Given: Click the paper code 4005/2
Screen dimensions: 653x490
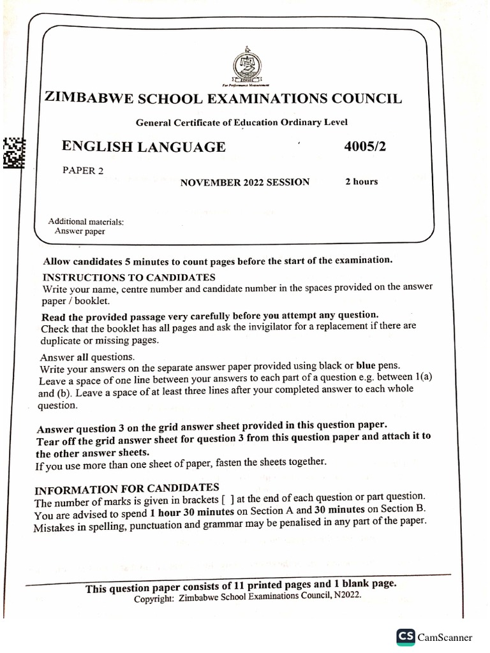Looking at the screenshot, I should click(365, 146).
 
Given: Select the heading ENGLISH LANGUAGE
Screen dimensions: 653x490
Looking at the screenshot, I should click(144, 147).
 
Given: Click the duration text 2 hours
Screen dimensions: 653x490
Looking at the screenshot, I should click(362, 181).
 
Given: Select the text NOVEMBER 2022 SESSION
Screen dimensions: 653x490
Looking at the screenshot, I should click(245, 182).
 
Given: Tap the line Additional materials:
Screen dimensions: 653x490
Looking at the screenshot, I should click(86, 222).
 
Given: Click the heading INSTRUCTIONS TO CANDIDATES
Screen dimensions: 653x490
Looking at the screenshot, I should click(129, 277).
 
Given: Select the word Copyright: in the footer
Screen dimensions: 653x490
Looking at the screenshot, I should click(154, 599).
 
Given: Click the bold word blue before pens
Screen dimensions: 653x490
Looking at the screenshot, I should click(366, 366).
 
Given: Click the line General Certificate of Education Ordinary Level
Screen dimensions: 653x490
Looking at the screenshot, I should click(242, 122).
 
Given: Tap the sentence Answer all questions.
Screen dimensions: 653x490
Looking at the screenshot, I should click(87, 357).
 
